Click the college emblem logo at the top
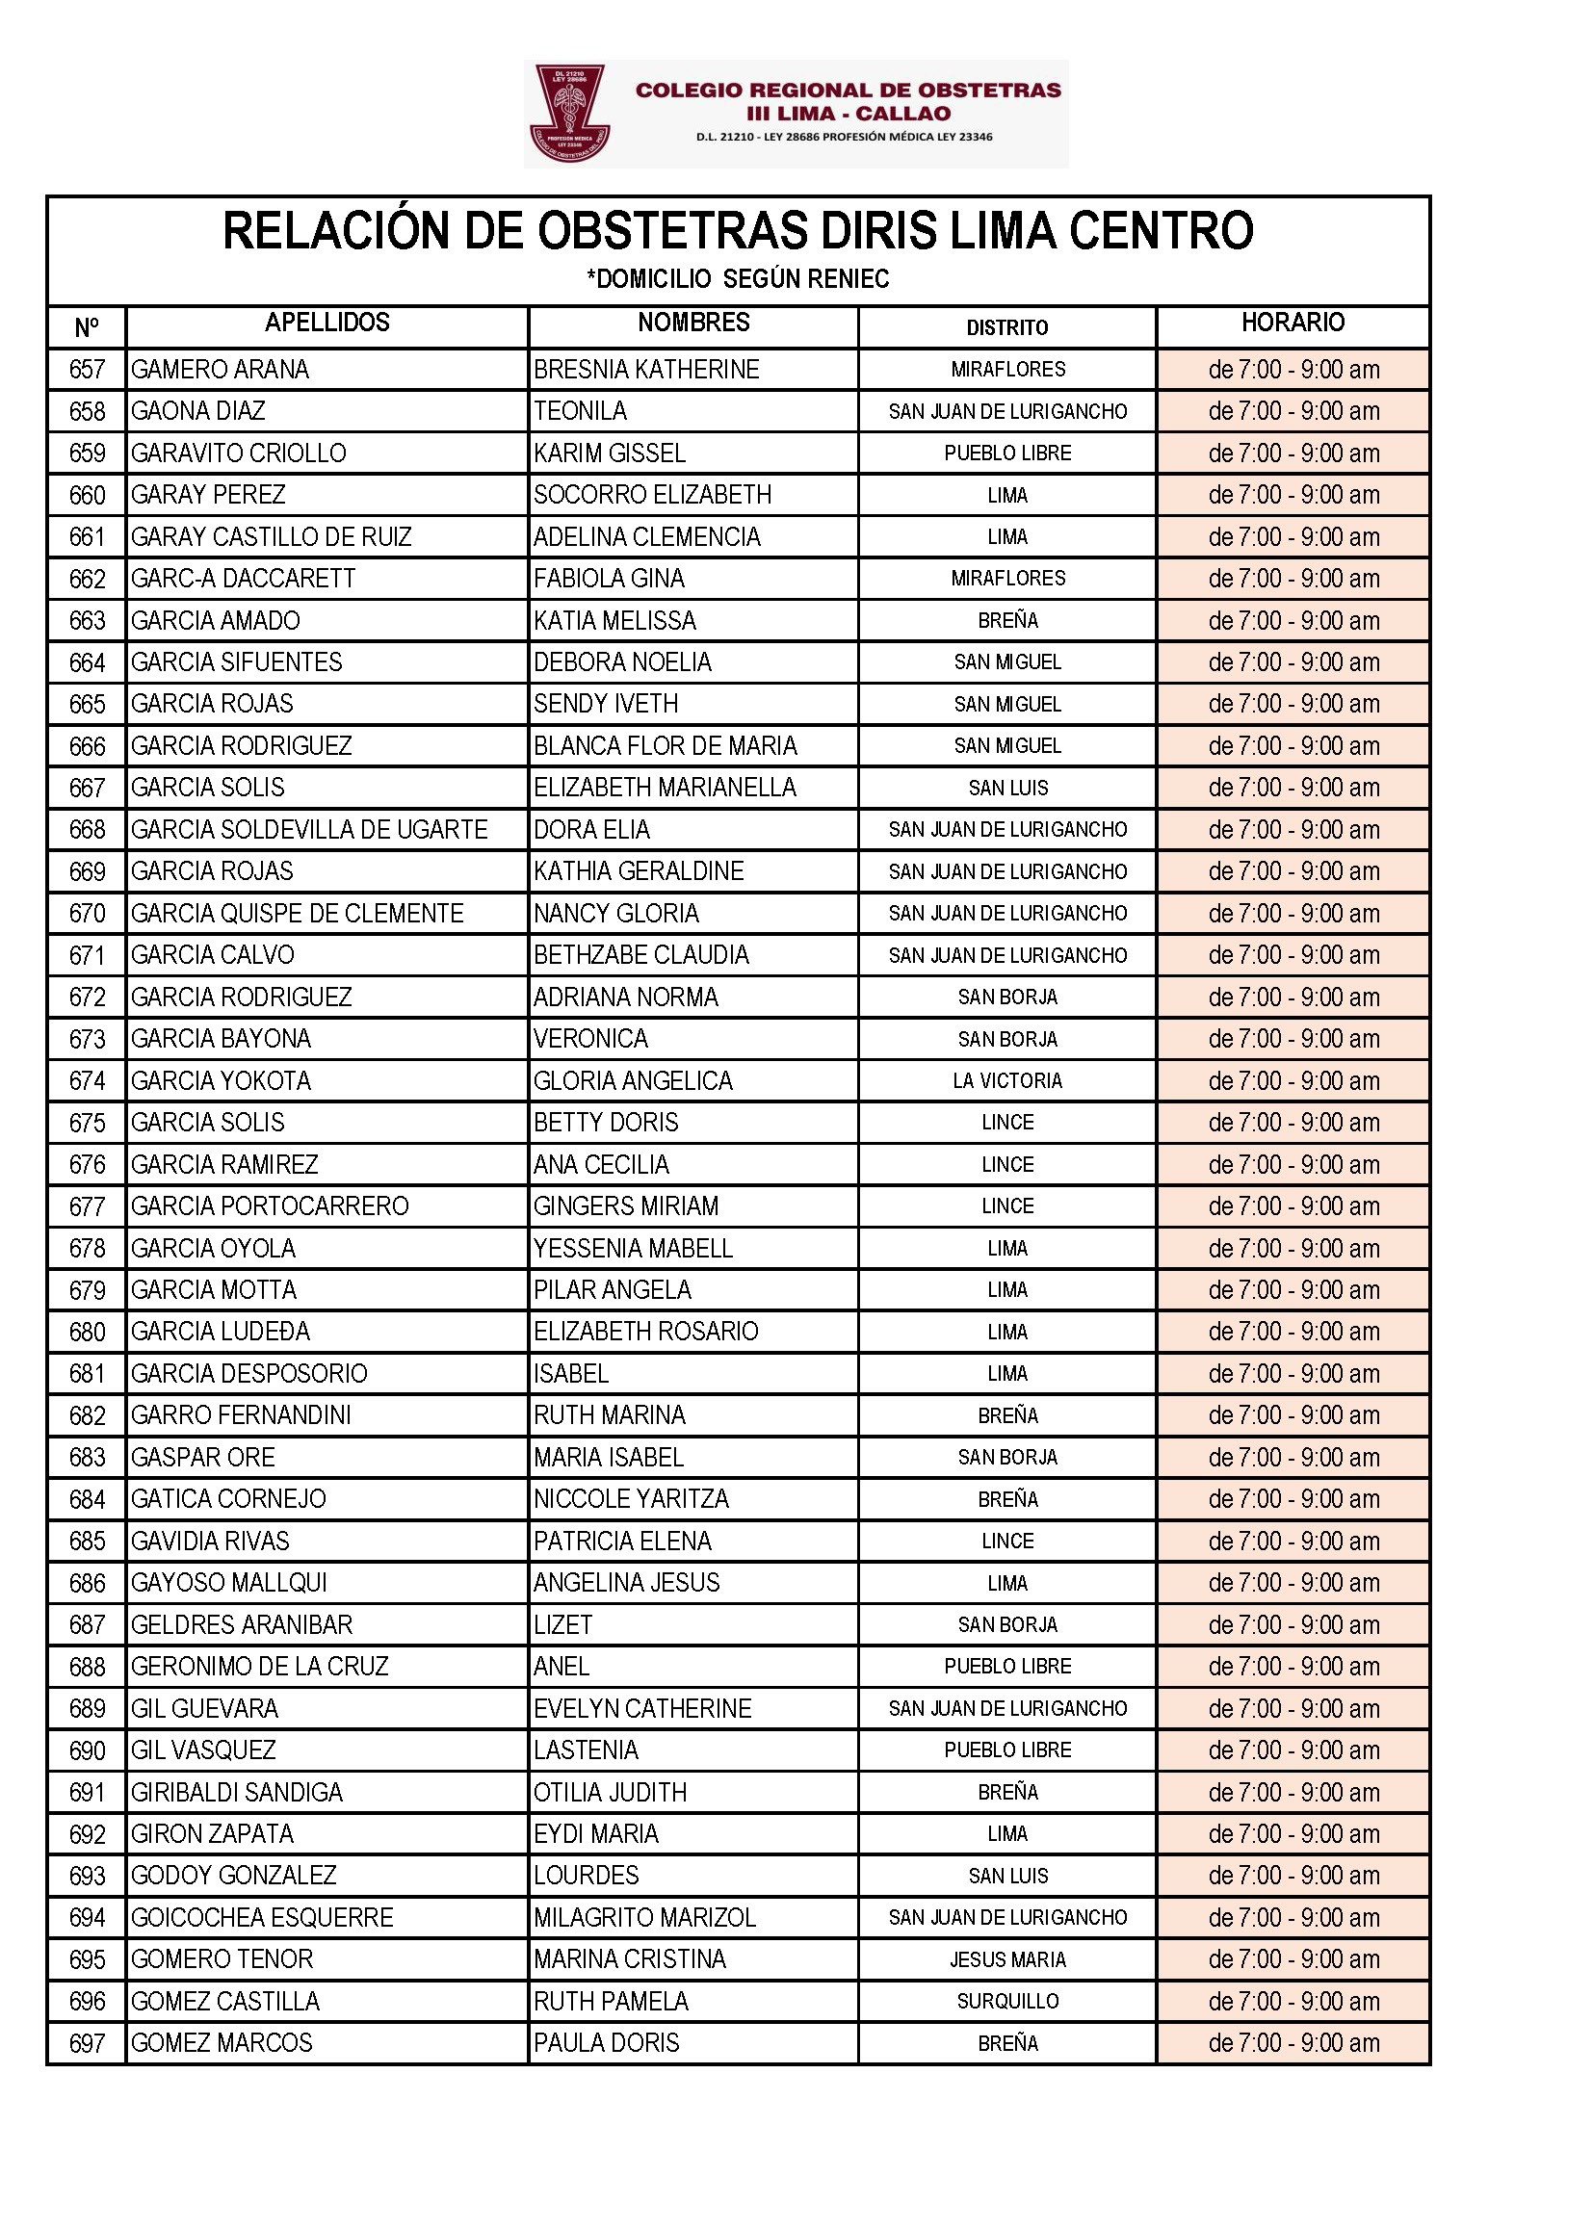click(568, 112)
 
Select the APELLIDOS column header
click(326, 323)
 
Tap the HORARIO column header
click(1292, 323)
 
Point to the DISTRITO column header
click(1006, 327)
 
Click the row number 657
click(87, 370)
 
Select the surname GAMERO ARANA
click(220, 370)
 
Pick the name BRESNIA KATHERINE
click(646, 370)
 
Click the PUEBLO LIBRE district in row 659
click(1007, 454)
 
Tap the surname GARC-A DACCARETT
click(244, 579)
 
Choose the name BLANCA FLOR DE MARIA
click(666, 746)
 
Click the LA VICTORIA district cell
click(1007, 1080)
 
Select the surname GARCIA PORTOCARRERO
click(270, 1206)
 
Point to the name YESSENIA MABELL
click(633, 1249)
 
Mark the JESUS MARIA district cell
click(1007, 1959)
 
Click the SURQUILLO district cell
click(1007, 2002)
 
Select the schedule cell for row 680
click(1293, 1332)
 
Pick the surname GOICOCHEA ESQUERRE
click(262, 1917)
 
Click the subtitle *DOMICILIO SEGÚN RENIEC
click(738, 279)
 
